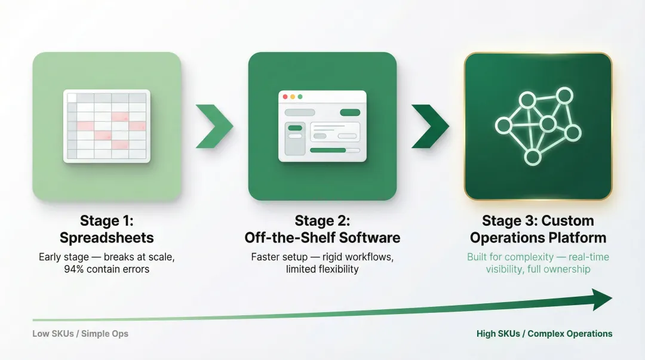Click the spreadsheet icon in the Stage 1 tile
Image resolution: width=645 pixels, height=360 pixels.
[x=107, y=126]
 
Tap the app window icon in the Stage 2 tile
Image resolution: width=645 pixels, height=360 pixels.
[x=322, y=126]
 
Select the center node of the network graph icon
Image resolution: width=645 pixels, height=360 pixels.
[x=548, y=124]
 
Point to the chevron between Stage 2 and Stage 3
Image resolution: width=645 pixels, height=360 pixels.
[x=430, y=126]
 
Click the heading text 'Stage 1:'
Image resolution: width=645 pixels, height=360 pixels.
[x=106, y=221]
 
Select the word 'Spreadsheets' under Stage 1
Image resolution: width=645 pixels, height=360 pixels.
[x=106, y=238]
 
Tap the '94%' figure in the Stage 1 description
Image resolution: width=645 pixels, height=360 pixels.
[x=75, y=269]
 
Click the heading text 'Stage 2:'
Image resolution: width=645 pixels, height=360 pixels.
[x=322, y=221]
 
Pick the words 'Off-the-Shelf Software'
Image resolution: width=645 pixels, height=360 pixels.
[x=322, y=238]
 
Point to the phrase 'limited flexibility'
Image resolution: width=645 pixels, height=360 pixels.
[x=322, y=269]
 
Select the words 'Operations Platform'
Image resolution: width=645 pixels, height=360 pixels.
[x=538, y=238]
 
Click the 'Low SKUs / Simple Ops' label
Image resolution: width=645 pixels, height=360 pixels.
[x=80, y=334]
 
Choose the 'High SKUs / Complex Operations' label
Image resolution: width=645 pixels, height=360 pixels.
[x=544, y=334]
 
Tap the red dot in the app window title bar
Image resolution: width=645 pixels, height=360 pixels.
[x=285, y=97]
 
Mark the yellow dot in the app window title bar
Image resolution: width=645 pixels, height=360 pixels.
[x=293, y=97]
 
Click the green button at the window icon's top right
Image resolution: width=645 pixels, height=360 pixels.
[x=350, y=112]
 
